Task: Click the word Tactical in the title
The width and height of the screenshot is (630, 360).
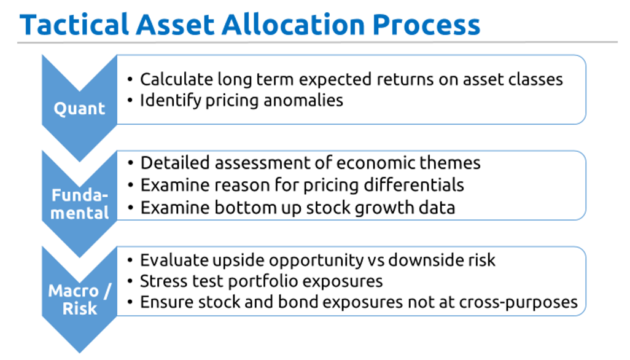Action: [x=74, y=25]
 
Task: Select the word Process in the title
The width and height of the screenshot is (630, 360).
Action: [x=426, y=25]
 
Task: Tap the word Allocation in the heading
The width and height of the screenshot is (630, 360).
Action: [x=293, y=25]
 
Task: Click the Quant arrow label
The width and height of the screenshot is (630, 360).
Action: [x=80, y=109]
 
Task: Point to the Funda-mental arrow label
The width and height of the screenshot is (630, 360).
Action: [x=80, y=204]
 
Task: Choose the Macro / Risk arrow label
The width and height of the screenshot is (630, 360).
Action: [x=80, y=299]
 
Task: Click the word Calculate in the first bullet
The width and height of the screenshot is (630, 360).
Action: [x=176, y=79]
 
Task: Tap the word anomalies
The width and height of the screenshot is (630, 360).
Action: [x=303, y=101]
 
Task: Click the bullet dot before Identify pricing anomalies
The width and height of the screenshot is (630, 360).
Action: [x=130, y=101]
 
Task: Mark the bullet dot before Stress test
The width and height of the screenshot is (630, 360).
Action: [x=130, y=281]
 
